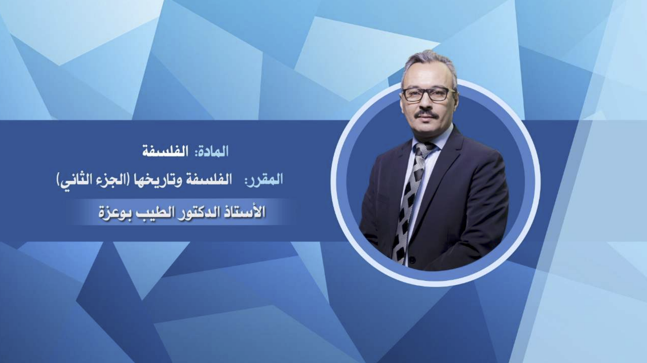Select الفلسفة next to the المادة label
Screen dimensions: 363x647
[x=165, y=151]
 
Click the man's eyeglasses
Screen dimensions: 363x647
[x=428, y=94]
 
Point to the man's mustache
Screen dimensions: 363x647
[x=427, y=115]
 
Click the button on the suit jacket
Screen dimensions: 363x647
[x=412, y=260]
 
